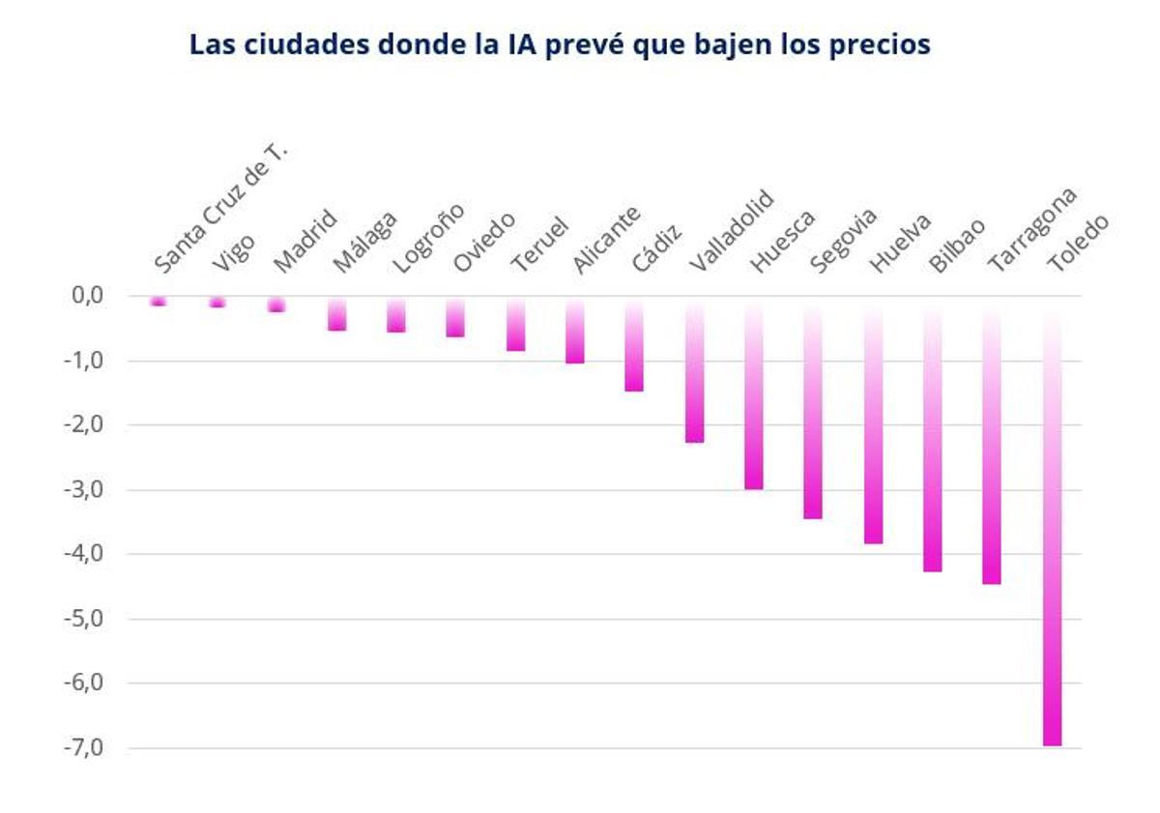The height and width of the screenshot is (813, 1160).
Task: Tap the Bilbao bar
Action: [x=933, y=434]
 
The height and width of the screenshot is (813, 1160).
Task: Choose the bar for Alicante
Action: [x=574, y=331]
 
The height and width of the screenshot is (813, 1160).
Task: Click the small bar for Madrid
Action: [x=276, y=305]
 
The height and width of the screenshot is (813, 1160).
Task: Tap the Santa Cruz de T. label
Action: [x=221, y=207]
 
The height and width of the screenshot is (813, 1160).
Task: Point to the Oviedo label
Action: [x=483, y=243]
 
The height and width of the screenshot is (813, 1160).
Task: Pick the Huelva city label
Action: [x=899, y=243]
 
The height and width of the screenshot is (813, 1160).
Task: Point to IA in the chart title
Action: [x=518, y=44]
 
